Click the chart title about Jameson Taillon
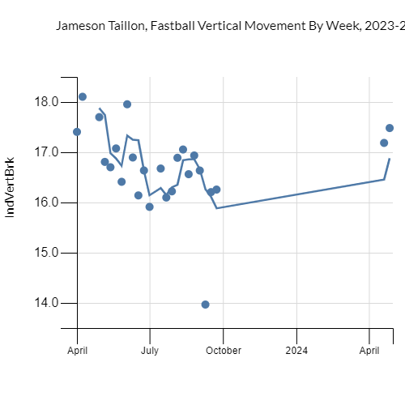(230, 26)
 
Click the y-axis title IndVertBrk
(11, 186)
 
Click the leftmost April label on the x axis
(78, 351)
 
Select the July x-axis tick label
(150, 351)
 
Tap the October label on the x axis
(223, 351)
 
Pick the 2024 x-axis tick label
(296, 351)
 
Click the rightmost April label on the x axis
(369, 351)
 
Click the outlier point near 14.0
(205, 305)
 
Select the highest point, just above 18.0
(83, 96)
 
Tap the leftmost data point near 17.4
(77, 131)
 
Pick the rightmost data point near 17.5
(390, 128)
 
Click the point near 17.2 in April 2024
(384, 143)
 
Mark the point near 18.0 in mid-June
(127, 104)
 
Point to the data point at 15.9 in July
(149, 207)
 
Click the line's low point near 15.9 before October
(217, 208)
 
